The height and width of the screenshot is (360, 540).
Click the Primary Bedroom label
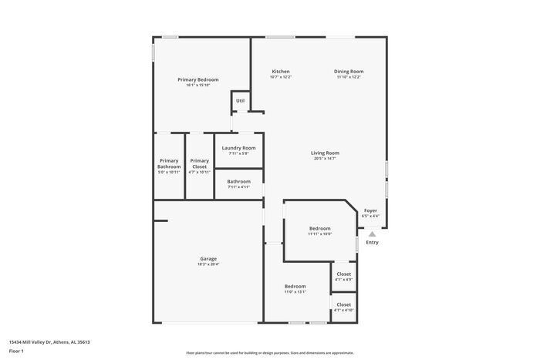click(x=197, y=80)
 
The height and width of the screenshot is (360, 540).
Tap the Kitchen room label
click(x=280, y=72)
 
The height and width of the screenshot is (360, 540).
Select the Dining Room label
click(x=349, y=72)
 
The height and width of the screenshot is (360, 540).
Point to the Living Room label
click(x=325, y=153)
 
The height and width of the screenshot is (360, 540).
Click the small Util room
click(x=240, y=101)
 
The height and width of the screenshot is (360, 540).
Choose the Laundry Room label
click(x=238, y=148)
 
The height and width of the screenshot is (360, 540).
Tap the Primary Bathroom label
click(x=169, y=164)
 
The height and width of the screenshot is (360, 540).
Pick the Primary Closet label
click(x=199, y=164)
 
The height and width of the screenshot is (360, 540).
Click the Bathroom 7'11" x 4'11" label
click(x=238, y=182)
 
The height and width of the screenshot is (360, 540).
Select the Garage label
click(x=208, y=259)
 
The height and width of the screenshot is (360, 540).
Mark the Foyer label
click(x=370, y=210)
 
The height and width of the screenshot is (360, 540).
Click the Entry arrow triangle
click(x=372, y=234)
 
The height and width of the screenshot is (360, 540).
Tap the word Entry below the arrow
click(x=372, y=243)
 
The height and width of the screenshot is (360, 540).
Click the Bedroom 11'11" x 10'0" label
click(x=320, y=229)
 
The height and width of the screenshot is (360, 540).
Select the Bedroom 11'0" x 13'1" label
click(x=295, y=286)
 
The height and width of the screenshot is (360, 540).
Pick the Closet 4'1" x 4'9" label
click(x=343, y=274)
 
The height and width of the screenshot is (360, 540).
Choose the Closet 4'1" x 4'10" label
click(x=343, y=304)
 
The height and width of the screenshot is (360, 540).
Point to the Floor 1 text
click(x=16, y=351)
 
